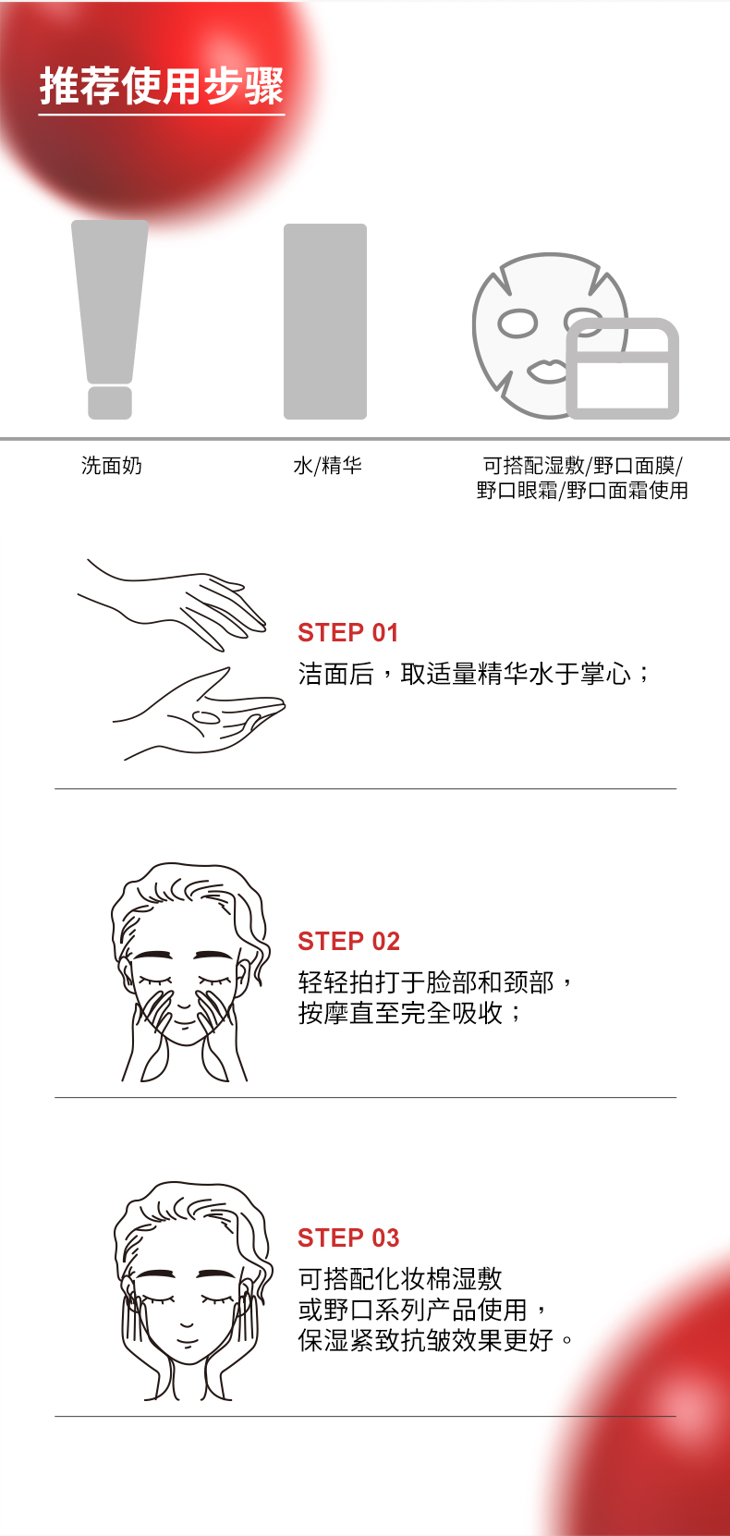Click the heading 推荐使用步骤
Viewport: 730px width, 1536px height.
pyautogui.click(x=162, y=87)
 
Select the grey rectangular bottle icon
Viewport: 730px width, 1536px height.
pyautogui.click(x=325, y=321)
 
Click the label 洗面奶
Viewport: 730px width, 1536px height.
pyautogui.click(x=112, y=466)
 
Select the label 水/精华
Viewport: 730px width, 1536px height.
pyautogui.click(x=327, y=466)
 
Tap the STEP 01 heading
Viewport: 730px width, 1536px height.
pyautogui.click(x=347, y=633)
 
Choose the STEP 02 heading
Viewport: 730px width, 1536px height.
pyautogui.click(x=348, y=942)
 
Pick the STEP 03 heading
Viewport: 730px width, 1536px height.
pyautogui.click(x=348, y=1238)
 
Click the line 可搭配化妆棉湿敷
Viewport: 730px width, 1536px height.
pyautogui.click(x=400, y=1279)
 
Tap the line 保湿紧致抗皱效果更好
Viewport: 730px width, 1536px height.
pyautogui.click(x=427, y=1340)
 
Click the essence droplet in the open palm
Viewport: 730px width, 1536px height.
pyautogui.click(x=205, y=717)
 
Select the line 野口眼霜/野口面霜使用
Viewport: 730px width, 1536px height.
pyautogui.click(x=582, y=491)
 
